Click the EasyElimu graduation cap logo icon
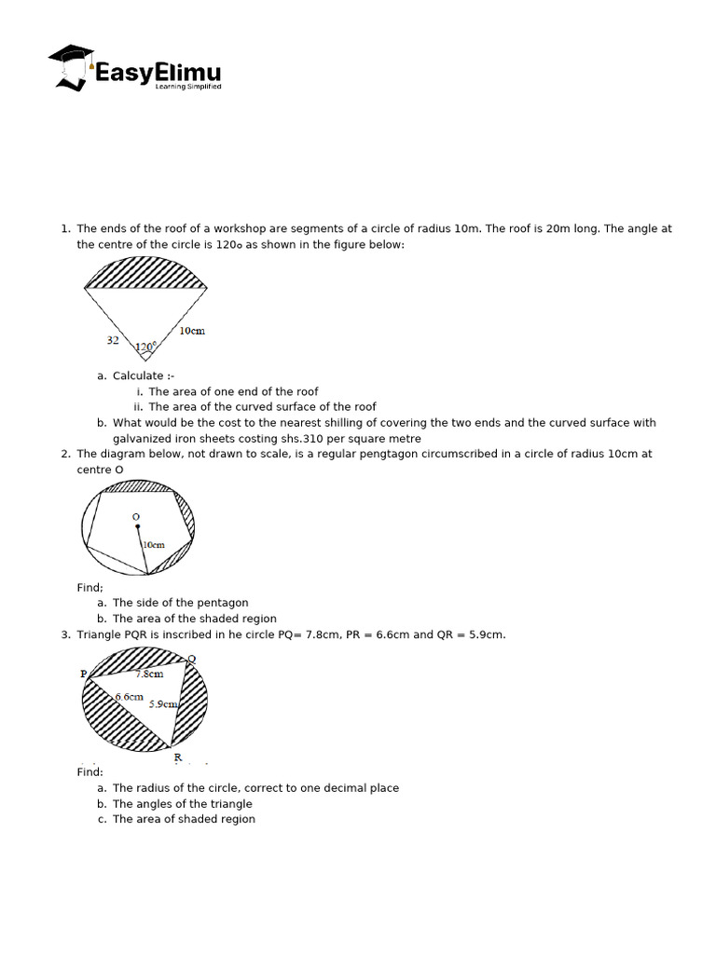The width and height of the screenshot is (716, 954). [x=71, y=66]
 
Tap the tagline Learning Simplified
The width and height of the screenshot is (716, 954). [x=194, y=87]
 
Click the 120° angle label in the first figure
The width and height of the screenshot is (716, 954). [x=145, y=348]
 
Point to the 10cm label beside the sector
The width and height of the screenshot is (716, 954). [x=192, y=331]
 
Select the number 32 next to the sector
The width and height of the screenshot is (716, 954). [x=113, y=341]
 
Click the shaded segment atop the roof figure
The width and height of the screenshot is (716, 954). [x=145, y=274]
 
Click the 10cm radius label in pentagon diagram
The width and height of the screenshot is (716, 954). [x=153, y=544]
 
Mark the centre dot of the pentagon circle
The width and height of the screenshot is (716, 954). [x=138, y=528]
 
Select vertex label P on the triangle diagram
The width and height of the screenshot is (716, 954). [x=84, y=673]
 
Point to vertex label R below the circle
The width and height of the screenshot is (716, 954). [x=177, y=757]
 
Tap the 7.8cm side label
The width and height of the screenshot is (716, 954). [x=149, y=674]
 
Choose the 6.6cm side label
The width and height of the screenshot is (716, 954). [x=130, y=697]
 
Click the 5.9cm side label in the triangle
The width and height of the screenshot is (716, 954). [x=163, y=704]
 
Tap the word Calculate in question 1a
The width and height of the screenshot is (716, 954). [x=138, y=375]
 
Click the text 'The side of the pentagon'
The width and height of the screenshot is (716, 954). [x=180, y=603]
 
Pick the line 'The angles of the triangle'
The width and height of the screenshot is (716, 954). [x=182, y=804]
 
